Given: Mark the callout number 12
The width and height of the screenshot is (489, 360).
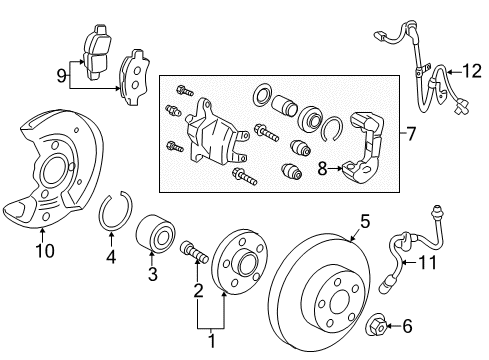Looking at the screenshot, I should tap(460, 70).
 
